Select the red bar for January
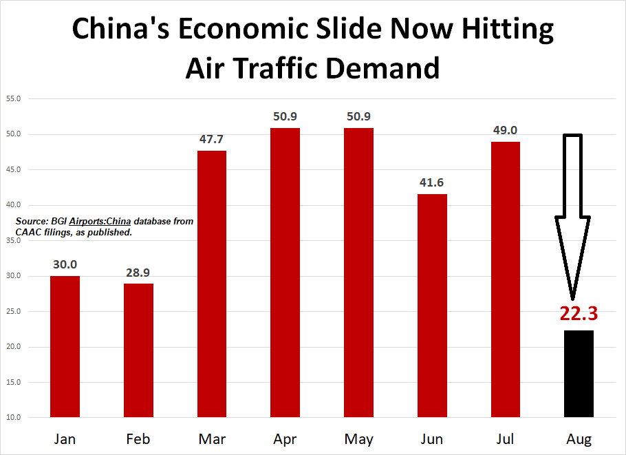pyautogui.click(x=65, y=346)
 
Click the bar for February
pyautogui.click(x=138, y=350)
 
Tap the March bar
pyautogui.click(x=212, y=284)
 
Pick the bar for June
pyautogui.click(x=432, y=305)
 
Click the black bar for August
pyautogui.click(x=579, y=373)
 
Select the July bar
pyautogui.click(x=505, y=279)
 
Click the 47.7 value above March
pyautogui.click(x=211, y=139)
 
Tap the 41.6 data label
pyautogui.click(x=432, y=183)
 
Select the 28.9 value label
pyautogui.click(x=138, y=273)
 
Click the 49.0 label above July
pyautogui.click(x=505, y=130)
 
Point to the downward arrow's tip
pyautogui.click(x=573, y=298)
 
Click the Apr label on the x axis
pyautogui.click(x=285, y=439)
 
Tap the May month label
pyautogui.click(x=358, y=439)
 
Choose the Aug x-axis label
pyautogui.click(x=579, y=439)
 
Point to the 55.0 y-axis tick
pyautogui.click(x=12, y=99)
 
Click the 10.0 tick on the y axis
pyautogui.click(x=12, y=417)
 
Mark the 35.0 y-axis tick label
pyautogui.click(x=12, y=240)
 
